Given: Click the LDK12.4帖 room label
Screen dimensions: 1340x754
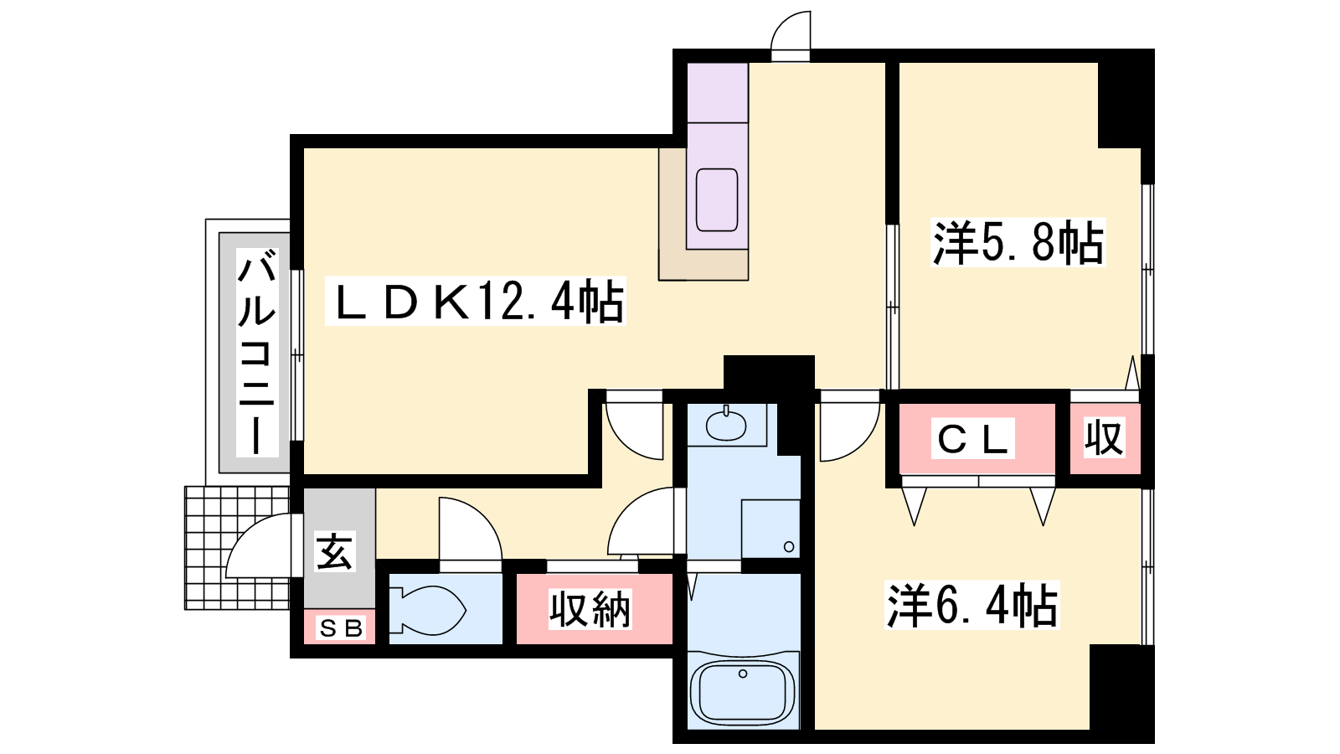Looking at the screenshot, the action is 476,301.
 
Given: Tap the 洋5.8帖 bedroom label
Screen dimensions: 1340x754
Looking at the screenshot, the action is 1018,242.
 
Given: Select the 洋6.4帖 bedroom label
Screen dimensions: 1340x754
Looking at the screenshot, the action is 972,605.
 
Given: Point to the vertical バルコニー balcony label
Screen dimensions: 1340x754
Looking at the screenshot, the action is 257,353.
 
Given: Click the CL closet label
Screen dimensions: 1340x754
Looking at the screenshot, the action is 972,439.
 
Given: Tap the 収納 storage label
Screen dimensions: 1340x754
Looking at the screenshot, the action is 590,609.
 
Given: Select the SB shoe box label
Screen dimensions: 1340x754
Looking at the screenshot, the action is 341,628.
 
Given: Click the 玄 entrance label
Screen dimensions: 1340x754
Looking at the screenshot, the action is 335,551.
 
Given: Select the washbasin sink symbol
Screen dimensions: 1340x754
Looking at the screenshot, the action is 726,424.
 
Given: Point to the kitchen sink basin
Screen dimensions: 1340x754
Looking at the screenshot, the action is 717,200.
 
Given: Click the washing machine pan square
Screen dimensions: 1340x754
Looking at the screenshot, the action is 770,529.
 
